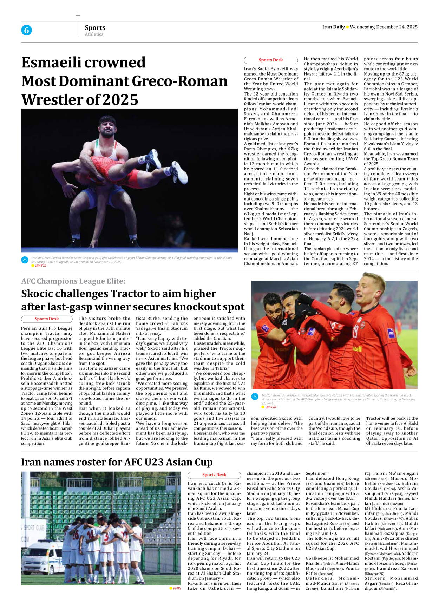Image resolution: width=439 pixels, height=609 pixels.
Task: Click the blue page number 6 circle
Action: [x=26, y=30]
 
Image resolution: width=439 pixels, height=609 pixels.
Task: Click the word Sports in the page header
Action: [x=95, y=27]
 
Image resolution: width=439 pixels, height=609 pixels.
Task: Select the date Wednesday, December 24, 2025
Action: [x=384, y=27]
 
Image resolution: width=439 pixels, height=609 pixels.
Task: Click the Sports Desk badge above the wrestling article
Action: [x=270, y=60]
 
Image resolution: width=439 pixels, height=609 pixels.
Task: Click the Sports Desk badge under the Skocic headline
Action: [x=46, y=319]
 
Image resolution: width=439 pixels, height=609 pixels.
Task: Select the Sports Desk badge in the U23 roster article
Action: [x=214, y=475]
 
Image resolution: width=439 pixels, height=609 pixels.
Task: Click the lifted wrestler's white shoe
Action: [x=179, y=173]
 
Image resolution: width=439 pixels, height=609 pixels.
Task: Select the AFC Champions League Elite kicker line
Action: [x=73, y=281]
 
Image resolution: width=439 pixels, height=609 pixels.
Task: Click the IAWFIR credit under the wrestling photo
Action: [x=40, y=266]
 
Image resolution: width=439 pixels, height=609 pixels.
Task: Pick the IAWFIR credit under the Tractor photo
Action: [x=270, y=407]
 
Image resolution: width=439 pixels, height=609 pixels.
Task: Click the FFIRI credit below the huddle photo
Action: [x=177, y=588]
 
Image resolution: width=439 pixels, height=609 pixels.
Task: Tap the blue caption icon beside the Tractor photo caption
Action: [x=255, y=397]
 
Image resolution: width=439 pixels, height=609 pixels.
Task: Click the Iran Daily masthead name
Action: [x=333, y=27]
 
